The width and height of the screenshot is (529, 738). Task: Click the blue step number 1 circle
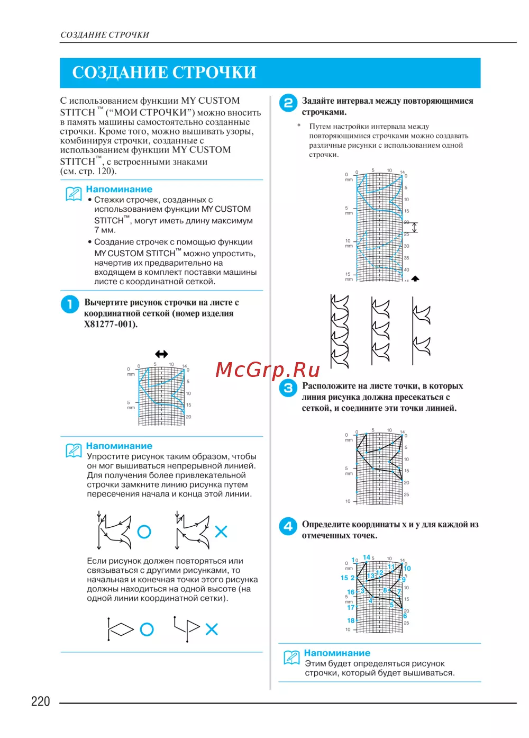(x=70, y=304)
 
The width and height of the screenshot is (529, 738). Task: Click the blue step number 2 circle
(x=288, y=103)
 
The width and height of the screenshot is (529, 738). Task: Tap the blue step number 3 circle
(x=288, y=388)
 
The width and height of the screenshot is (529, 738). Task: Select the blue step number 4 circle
(x=288, y=526)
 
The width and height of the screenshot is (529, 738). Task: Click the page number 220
(x=40, y=701)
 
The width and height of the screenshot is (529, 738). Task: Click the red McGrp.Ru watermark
(x=268, y=370)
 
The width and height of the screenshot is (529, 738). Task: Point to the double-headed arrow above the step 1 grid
(x=161, y=354)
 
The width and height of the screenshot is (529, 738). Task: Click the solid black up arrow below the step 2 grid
(x=415, y=278)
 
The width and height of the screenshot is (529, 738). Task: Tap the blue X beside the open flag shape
(x=212, y=629)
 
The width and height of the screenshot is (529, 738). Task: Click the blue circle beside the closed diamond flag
(x=147, y=629)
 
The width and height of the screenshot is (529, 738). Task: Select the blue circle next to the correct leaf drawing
(x=144, y=532)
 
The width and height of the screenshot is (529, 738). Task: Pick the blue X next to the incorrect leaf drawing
(x=221, y=532)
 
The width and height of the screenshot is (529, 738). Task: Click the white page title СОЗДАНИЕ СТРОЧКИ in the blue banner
(x=164, y=73)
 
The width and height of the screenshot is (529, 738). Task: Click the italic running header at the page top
(x=105, y=35)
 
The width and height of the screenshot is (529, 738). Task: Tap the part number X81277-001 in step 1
(x=110, y=324)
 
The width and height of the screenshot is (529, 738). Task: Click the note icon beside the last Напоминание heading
(x=291, y=657)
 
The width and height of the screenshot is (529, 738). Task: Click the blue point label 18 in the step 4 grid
(x=351, y=620)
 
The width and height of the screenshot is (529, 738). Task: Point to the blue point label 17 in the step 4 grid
(x=351, y=607)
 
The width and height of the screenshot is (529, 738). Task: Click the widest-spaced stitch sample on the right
(x=421, y=331)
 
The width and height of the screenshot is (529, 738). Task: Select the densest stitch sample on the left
(x=340, y=331)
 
